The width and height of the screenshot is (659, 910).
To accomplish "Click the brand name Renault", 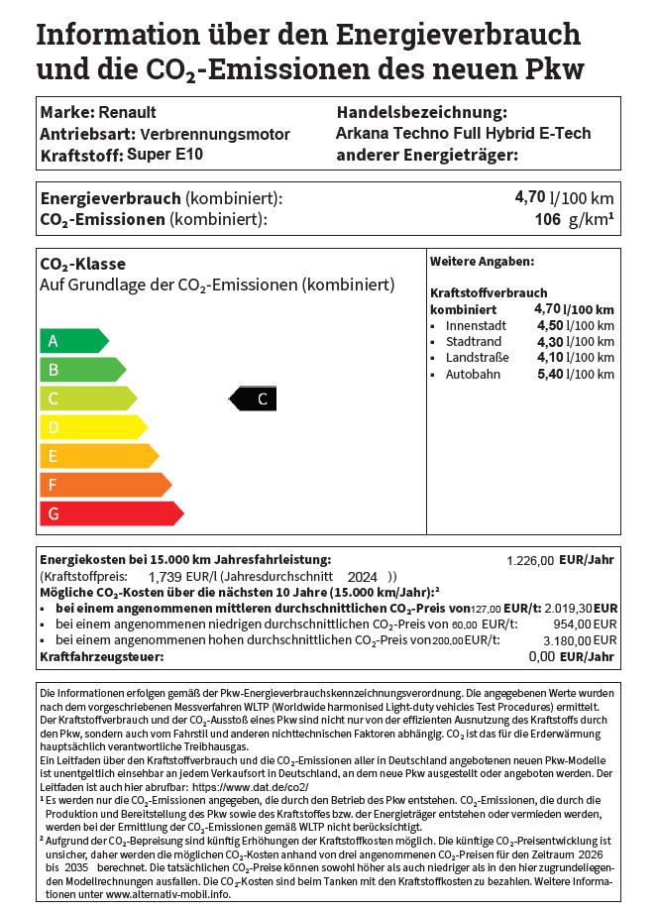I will (127, 112).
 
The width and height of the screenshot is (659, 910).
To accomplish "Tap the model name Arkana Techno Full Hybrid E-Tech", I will (478, 134).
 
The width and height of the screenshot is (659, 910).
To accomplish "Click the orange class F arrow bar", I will (103, 485).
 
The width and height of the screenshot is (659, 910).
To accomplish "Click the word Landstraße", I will (477, 358).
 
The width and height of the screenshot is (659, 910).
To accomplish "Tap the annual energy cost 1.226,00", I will (530, 561).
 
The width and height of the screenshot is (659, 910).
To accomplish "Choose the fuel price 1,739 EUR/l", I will (181, 576).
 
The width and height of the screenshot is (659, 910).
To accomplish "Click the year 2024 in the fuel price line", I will (363, 576).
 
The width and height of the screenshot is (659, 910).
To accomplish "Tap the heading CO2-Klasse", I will (82, 265).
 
